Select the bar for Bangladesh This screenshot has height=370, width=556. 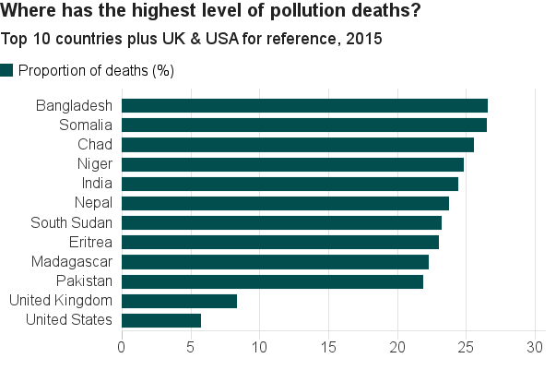click(304, 105)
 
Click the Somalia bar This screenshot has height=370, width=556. click(304, 125)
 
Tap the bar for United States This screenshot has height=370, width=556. click(161, 320)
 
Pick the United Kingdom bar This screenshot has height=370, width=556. click(179, 301)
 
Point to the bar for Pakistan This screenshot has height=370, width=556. click(272, 281)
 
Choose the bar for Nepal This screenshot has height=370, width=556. click(285, 203)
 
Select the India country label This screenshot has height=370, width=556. click(97, 183)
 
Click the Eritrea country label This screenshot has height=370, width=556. click(90, 242)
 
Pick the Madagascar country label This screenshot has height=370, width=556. click(72, 261)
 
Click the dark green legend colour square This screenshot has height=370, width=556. click(7, 70)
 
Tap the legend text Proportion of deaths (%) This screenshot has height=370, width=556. click(96, 71)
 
